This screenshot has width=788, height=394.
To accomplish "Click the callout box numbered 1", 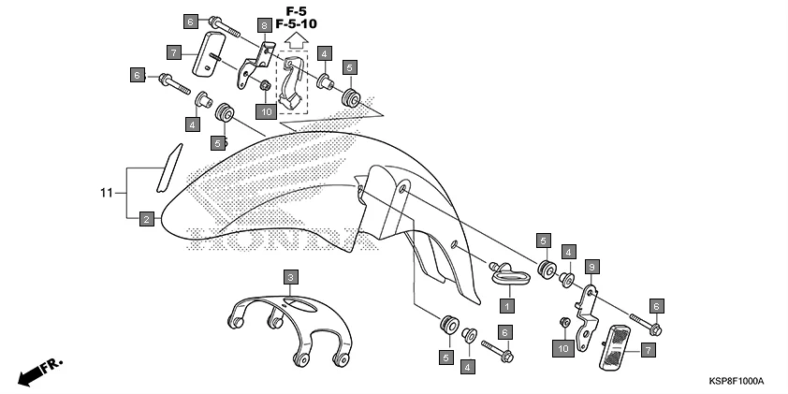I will tap(506, 305).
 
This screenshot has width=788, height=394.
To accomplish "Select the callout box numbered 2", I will tap(146, 219).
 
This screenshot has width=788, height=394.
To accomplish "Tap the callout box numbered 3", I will tap(291, 277).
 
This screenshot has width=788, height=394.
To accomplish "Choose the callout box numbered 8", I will tap(264, 25).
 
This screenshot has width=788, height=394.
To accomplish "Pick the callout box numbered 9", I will tap(591, 267).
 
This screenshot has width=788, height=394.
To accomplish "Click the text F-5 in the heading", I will tap(297, 10).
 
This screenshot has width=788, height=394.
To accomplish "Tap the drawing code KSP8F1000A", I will tap(735, 382).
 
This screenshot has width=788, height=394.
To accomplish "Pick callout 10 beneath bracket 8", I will tap(265, 111).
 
